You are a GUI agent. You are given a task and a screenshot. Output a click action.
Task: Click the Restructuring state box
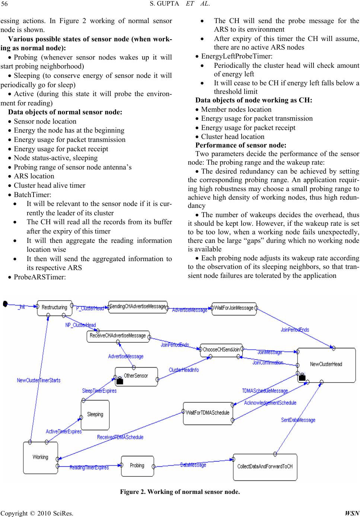[54, 308]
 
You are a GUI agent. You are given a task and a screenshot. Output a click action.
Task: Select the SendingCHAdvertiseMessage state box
[138, 307]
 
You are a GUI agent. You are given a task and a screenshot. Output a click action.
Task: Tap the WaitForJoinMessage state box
[234, 308]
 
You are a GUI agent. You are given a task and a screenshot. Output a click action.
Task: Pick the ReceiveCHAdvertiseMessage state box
[118, 336]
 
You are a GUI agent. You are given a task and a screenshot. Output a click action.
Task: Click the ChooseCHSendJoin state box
[221, 350]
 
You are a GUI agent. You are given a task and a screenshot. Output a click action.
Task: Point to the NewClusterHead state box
[326, 365]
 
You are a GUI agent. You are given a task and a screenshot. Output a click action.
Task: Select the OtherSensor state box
[136, 376]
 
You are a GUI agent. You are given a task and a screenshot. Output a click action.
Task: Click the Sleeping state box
[95, 415]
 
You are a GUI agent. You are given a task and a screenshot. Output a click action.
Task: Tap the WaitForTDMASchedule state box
[208, 413]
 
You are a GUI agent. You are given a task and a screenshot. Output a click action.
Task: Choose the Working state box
[40, 457]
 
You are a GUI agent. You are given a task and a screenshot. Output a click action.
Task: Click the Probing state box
[137, 466]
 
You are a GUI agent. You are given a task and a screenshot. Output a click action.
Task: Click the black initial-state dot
[5, 304]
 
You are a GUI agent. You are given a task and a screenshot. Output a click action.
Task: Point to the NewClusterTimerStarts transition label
[39, 380]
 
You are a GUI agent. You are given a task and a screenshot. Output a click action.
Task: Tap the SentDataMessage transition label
[298, 420]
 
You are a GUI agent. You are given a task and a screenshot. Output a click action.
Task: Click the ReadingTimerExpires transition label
[89, 467]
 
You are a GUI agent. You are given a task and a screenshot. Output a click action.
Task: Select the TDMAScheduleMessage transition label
[265, 391]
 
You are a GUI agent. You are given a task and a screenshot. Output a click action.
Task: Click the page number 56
[5, 4]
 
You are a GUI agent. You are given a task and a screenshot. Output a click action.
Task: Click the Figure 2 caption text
[180, 492]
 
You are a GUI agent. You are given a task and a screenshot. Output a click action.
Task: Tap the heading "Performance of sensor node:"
[241, 145]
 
